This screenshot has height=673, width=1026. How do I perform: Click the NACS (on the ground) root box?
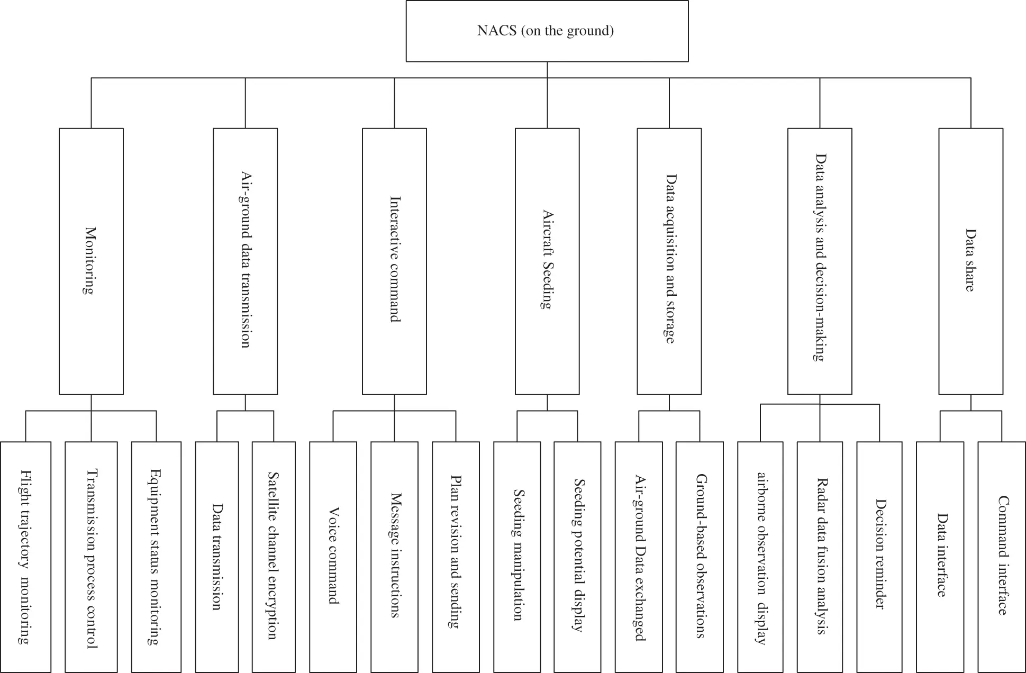(547, 31)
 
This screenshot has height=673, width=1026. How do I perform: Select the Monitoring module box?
(91, 261)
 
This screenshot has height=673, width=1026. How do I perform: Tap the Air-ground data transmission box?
(245, 261)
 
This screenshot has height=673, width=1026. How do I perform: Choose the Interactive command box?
(394, 261)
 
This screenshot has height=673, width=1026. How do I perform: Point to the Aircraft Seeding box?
(547, 261)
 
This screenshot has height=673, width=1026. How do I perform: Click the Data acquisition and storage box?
(669, 261)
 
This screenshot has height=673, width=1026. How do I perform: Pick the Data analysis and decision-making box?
(820, 261)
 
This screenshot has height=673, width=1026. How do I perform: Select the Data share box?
(971, 261)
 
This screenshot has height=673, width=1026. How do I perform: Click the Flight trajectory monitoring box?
(25, 557)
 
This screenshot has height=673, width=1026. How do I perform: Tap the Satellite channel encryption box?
(274, 557)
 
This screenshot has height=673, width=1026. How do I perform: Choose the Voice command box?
(333, 557)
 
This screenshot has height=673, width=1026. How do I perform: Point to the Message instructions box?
(395, 557)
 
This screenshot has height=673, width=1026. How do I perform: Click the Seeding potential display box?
(577, 557)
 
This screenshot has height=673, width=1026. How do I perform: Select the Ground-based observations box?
(700, 557)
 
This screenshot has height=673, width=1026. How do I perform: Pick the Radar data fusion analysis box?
(820, 557)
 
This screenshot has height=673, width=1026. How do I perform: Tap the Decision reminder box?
(879, 557)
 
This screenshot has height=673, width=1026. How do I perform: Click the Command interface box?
(1002, 557)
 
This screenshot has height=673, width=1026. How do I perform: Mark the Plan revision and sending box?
(456, 557)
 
